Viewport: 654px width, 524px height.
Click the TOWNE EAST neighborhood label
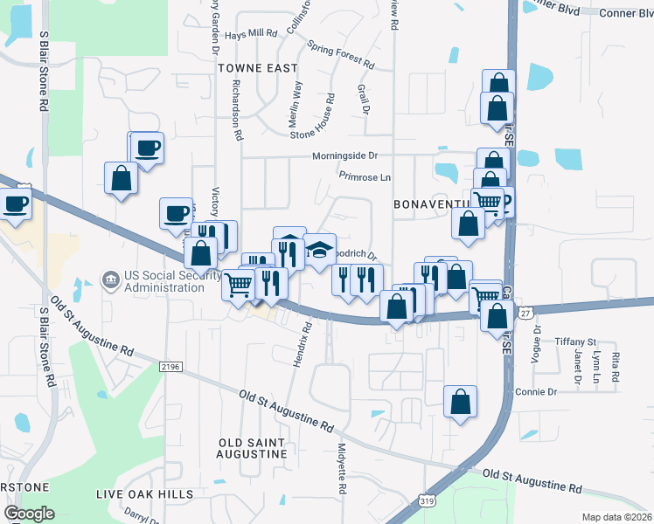pos(258,67)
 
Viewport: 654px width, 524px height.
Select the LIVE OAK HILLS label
pos(145,494)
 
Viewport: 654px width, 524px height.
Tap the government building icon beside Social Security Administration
pos(111,280)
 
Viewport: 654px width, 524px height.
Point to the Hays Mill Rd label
pos(251,34)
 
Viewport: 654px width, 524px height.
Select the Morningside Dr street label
pos(345,156)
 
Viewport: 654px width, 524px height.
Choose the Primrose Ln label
pos(365,176)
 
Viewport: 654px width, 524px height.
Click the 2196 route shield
pos(170,368)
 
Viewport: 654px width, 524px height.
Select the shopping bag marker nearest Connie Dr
pos(460,403)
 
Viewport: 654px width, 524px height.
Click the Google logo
pos(30,514)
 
